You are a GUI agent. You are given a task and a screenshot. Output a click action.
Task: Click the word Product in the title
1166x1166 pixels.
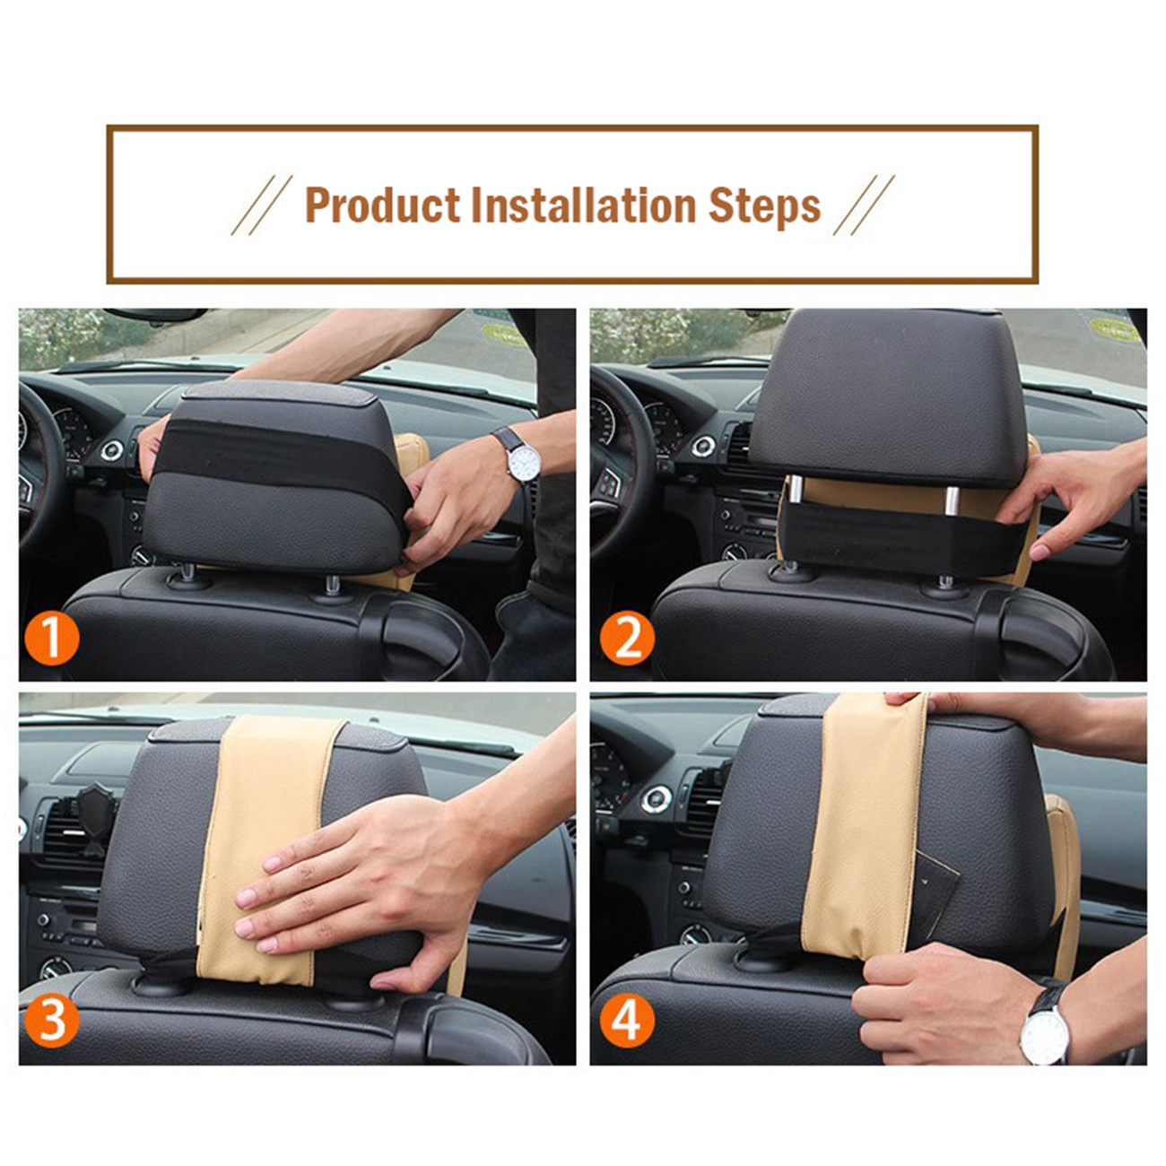coord(382,205)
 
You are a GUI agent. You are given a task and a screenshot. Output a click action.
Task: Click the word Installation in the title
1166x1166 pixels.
coord(583,205)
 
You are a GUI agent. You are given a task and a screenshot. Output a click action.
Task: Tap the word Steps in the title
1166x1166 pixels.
coord(764,207)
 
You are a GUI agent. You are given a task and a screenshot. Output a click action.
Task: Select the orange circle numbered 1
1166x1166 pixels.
coord(52,639)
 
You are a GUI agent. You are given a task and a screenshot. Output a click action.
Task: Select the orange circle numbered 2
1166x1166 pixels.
coord(627,639)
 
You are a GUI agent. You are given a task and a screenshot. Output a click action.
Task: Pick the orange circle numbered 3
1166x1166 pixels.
coord(52,1020)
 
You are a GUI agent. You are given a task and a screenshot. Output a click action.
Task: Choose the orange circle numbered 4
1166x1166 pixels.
coord(627,1020)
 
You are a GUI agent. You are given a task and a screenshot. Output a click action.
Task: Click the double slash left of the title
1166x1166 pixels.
coord(261,205)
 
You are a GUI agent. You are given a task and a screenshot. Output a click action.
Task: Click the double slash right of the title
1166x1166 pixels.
coord(864,205)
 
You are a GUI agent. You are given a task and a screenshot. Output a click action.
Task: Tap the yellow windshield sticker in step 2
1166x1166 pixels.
coord(1113,330)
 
